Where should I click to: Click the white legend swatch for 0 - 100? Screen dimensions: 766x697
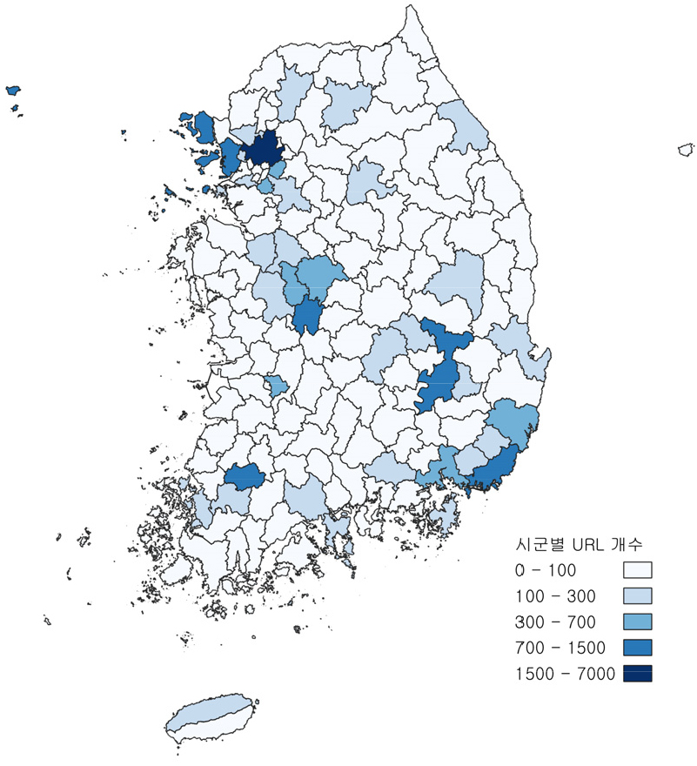(x=638, y=572)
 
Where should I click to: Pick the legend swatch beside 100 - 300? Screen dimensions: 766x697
(x=638, y=597)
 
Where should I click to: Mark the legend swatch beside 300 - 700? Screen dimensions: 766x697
(x=638, y=622)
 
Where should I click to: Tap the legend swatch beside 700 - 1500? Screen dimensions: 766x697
(x=638, y=648)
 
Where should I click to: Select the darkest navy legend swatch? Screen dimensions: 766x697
(x=638, y=673)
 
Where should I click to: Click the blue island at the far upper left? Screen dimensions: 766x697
(x=13, y=90)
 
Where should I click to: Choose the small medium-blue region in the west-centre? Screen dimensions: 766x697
(x=278, y=385)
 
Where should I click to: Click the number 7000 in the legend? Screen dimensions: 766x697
(x=596, y=673)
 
